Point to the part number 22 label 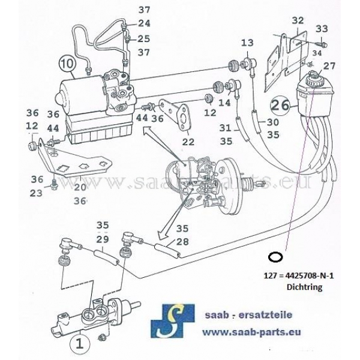(x=188, y=142)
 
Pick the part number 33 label (x=322, y=29)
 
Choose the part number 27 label (x=329, y=65)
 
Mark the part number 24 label (x=143, y=23)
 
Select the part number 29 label (x=103, y=239)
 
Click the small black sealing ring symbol (x=275, y=257)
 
